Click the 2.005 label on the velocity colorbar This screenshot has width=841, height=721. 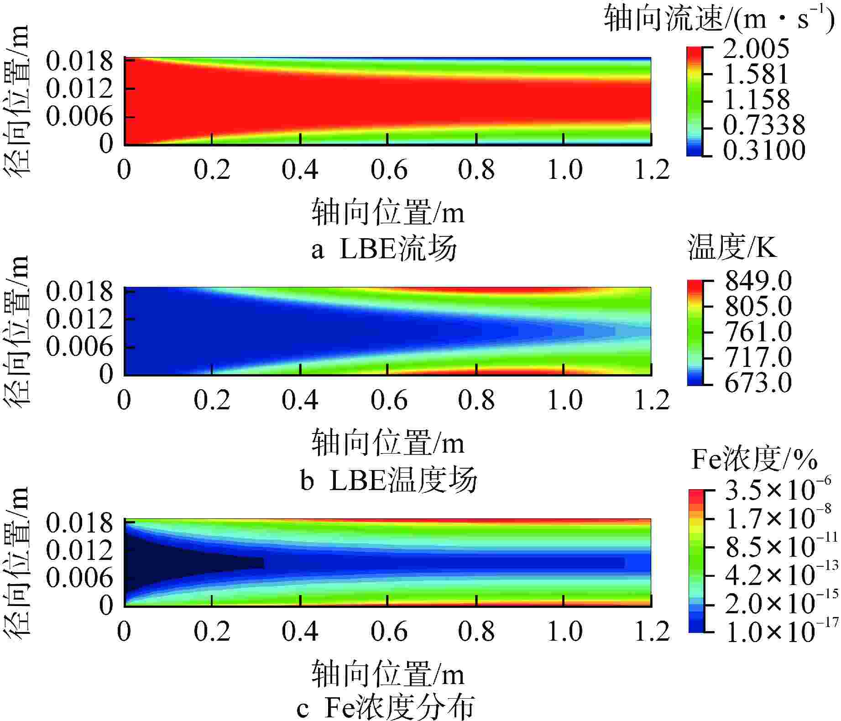click(756, 48)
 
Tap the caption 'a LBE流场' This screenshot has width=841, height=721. click(384, 250)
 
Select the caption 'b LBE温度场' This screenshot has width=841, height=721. click(388, 480)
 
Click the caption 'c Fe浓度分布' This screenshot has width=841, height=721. click(386, 708)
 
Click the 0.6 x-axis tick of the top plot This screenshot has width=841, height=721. click(388, 170)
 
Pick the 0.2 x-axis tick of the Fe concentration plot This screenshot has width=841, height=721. click(212, 631)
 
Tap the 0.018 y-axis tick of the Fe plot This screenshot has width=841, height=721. click(79, 523)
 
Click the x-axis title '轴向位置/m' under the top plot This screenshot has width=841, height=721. click(388, 213)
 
